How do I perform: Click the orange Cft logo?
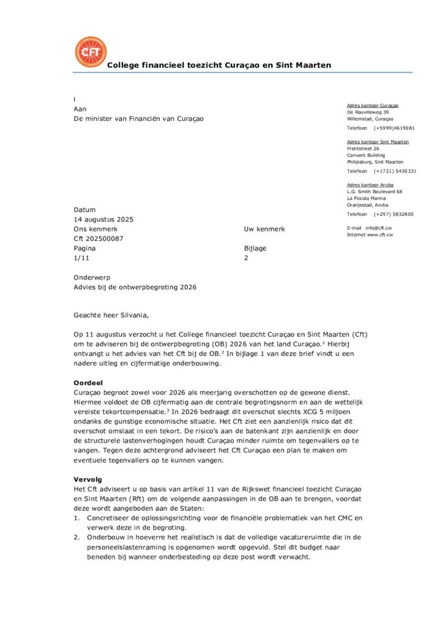point(90,52)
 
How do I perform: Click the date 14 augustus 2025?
point(103,219)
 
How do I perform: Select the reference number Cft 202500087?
point(99,239)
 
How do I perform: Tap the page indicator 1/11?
point(81,259)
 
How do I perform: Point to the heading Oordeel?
point(88,382)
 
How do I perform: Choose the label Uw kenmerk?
point(264,229)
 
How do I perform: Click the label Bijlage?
point(255,249)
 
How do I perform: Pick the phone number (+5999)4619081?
point(394,128)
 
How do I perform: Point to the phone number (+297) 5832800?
point(393,215)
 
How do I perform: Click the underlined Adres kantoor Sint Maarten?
point(378,142)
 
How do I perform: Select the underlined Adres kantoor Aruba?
point(370,185)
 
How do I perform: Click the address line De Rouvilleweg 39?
point(368,112)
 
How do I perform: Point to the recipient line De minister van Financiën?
point(138,119)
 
